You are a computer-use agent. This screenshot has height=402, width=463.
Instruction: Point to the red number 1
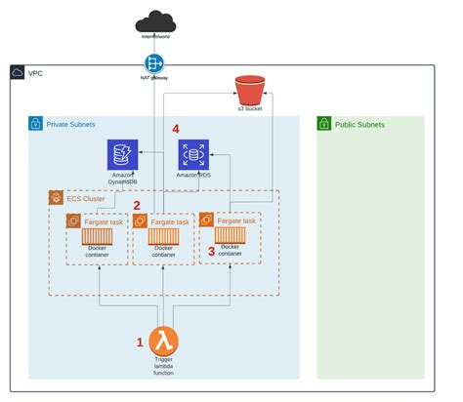[x=140, y=342]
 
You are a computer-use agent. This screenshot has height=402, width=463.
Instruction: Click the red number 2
[x=136, y=205]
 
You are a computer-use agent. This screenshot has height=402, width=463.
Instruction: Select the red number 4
[x=176, y=128]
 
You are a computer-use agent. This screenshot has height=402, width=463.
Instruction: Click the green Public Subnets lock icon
[x=325, y=125]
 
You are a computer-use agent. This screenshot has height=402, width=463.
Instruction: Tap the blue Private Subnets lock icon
[x=36, y=125]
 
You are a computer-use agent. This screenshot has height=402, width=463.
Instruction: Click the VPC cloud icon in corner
[x=18, y=73]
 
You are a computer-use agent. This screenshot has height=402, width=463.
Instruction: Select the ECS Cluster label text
[x=87, y=198]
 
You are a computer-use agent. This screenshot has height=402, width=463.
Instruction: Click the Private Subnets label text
[x=73, y=125]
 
